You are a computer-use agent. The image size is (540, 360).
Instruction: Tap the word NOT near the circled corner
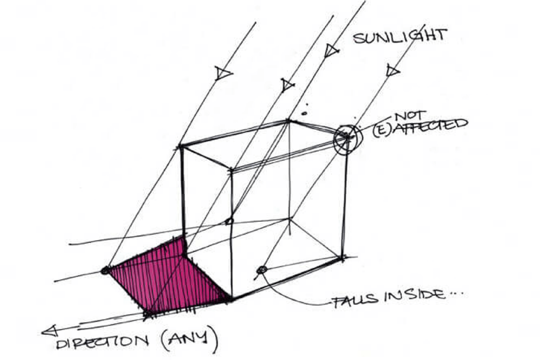tap(410, 116)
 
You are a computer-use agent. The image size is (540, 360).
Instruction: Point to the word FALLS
tap(355, 299)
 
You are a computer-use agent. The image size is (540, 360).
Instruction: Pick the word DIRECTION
tap(102, 343)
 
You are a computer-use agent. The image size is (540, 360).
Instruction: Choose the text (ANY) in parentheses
tap(189, 339)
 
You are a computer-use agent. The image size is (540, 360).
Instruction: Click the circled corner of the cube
tap(348, 137)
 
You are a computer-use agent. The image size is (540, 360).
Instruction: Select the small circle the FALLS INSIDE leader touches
tap(262, 270)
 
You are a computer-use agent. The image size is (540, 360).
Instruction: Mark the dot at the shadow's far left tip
tap(105, 270)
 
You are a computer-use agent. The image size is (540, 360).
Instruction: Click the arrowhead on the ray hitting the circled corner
tap(392, 71)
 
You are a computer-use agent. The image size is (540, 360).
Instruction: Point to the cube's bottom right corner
tap(342, 257)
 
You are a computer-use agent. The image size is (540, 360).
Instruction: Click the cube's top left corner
tap(180, 147)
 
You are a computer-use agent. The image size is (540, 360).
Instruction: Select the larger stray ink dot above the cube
tap(304, 113)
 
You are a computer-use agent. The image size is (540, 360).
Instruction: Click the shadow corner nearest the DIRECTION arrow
tap(148, 314)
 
